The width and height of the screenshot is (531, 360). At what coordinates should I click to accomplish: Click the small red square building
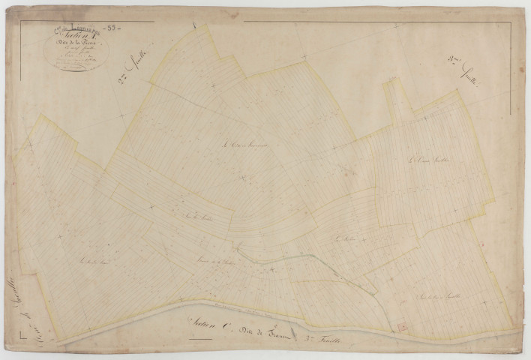coord(400,325)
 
